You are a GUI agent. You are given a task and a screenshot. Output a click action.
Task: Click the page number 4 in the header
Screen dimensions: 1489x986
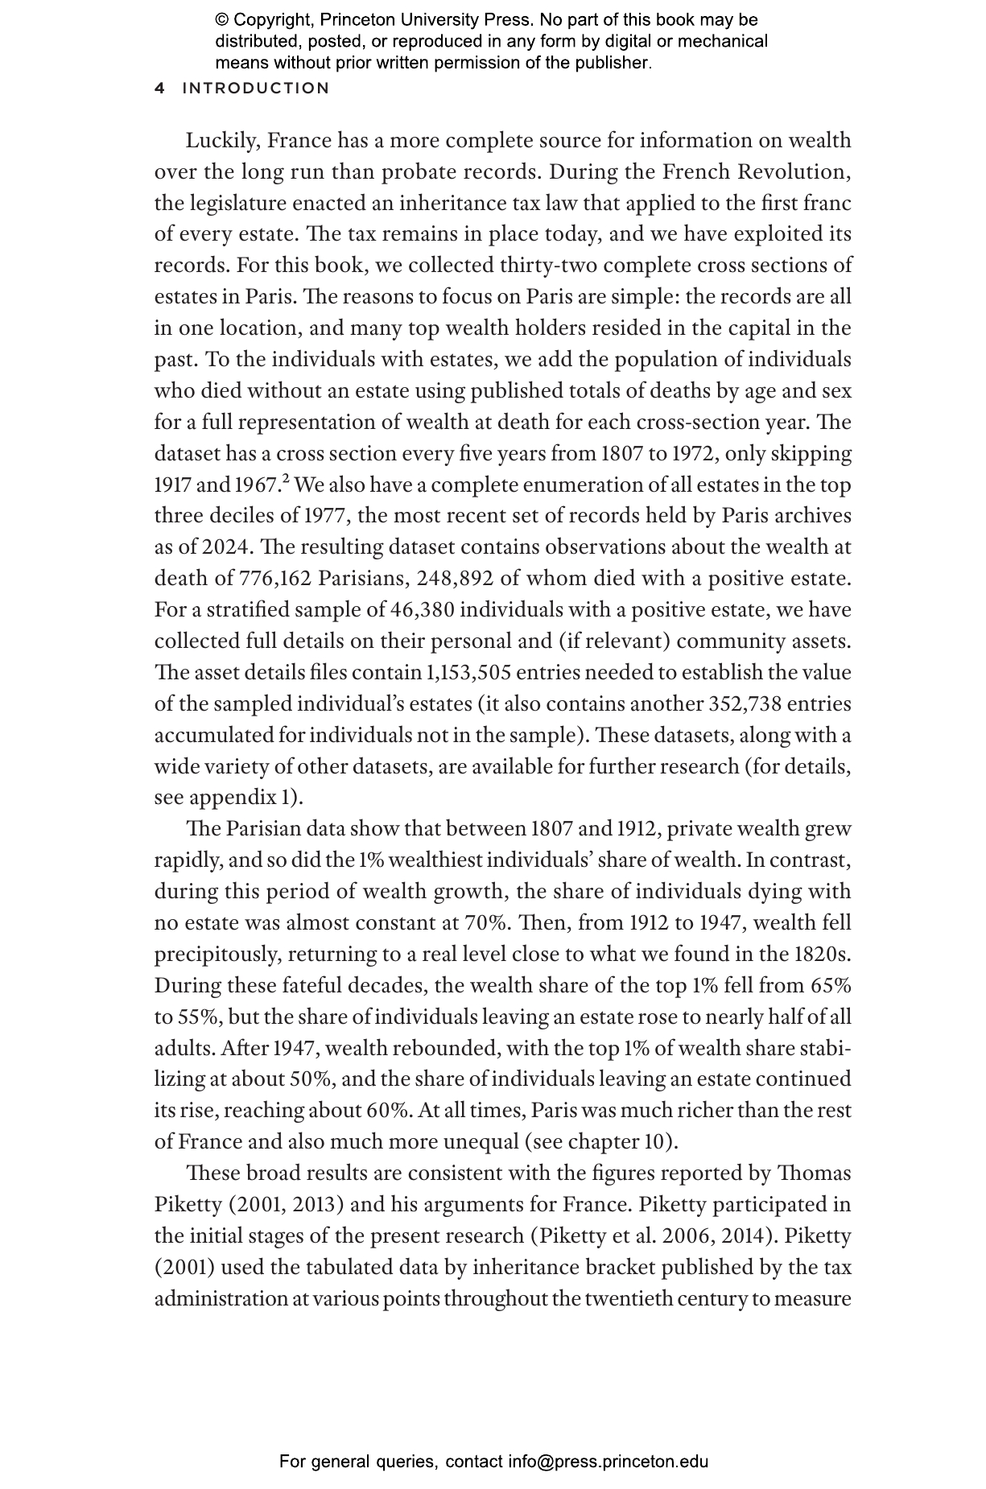tap(159, 89)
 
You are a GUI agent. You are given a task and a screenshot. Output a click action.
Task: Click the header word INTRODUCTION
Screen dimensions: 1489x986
tap(256, 89)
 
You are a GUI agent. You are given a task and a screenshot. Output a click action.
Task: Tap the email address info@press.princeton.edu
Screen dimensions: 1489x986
tap(608, 1462)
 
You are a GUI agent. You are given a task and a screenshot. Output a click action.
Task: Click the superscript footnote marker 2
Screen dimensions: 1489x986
tap(286, 481)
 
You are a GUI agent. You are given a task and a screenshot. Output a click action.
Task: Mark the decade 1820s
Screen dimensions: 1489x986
tap(822, 955)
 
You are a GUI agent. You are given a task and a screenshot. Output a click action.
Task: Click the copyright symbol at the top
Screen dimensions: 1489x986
tap(223, 20)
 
